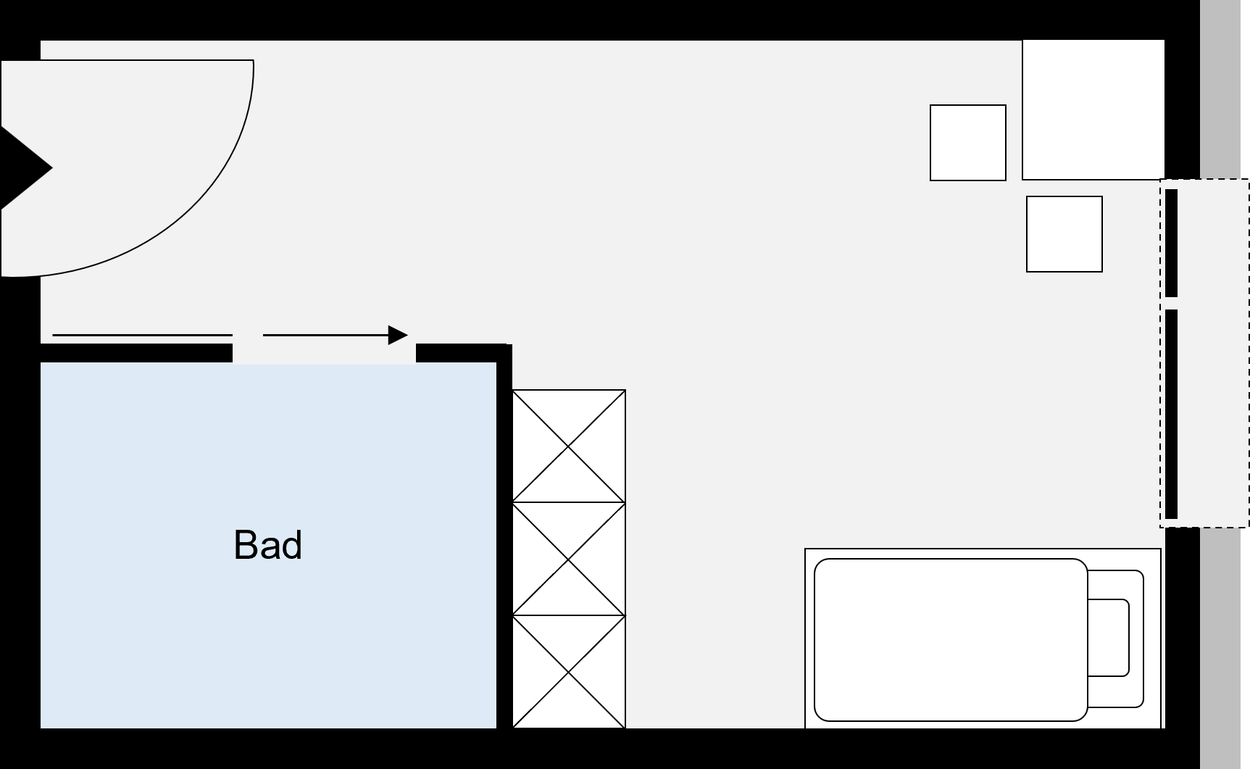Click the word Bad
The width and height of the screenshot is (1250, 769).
[x=267, y=545]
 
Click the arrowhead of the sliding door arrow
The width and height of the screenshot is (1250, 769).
[x=398, y=335]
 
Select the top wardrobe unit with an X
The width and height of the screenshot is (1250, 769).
[x=569, y=446]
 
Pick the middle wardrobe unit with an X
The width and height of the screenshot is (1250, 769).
[x=569, y=559]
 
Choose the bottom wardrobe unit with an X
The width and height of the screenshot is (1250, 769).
[x=569, y=671]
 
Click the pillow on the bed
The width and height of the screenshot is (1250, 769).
[x=1108, y=638]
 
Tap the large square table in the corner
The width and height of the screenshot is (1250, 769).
[x=1093, y=109]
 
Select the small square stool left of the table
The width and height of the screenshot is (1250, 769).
[x=967, y=143]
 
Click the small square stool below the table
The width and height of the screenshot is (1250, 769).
[x=1064, y=234]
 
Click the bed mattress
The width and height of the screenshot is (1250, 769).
[x=950, y=639]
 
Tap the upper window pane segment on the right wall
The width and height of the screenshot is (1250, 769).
[x=1171, y=243]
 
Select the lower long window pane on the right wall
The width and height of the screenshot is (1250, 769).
[x=1171, y=413]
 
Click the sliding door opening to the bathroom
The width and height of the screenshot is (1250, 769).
[x=324, y=353]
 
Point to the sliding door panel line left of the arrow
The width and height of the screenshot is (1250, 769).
[x=142, y=336]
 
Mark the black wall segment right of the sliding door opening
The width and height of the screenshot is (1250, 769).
[x=461, y=353]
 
